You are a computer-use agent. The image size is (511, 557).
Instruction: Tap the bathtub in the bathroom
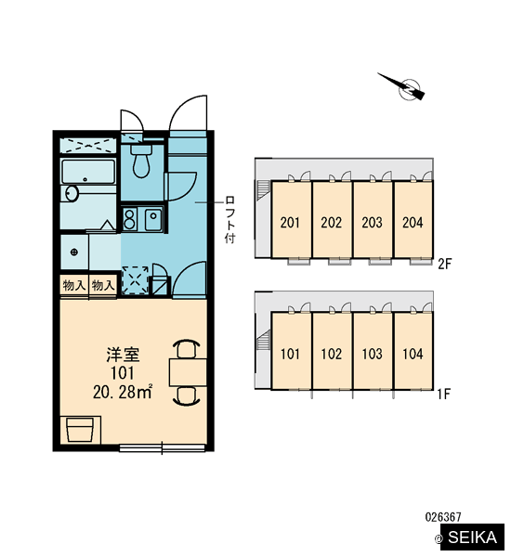pos(88,172)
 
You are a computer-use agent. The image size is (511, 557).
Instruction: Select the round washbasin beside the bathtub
pos(72,194)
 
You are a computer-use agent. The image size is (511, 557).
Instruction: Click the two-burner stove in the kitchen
pos(130,219)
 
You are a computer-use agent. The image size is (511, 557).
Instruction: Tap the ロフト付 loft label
pos(230,219)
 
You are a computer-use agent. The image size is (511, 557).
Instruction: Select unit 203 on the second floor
pos(372,223)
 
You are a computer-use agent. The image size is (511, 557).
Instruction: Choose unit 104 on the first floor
pos(413,354)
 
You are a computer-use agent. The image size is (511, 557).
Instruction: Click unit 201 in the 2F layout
pos(290,223)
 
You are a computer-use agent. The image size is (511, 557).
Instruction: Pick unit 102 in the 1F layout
pos(332,354)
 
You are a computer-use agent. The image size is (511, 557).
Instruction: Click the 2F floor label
pos(444,264)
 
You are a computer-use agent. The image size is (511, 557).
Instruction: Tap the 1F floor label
pos(444,394)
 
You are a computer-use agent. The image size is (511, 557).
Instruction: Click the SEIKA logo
pos(472,538)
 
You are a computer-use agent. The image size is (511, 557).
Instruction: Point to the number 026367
pos(443,516)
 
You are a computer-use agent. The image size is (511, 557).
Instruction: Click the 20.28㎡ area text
pos(123,392)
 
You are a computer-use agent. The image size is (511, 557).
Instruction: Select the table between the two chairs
pos(188,372)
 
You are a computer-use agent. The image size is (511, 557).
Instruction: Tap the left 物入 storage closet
pos(74,285)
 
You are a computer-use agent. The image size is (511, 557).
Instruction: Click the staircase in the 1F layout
pos(263,341)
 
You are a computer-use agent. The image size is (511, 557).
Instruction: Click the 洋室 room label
pos(123,355)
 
